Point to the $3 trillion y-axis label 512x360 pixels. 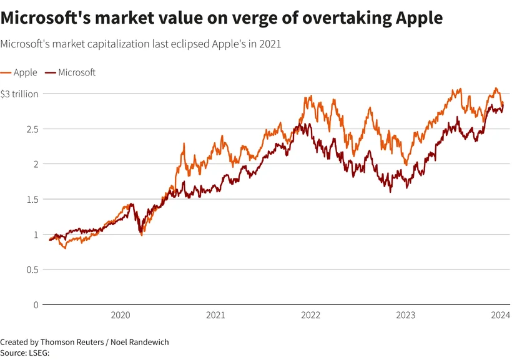(19, 94)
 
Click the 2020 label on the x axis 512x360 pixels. (121, 316)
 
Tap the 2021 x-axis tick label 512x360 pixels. (215, 316)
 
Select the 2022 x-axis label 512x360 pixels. (311, 316)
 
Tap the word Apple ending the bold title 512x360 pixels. (420, 19)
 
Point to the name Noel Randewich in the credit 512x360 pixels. (140, 343)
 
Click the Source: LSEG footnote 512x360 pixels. (25, 353)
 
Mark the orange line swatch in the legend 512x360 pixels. (6, 72)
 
